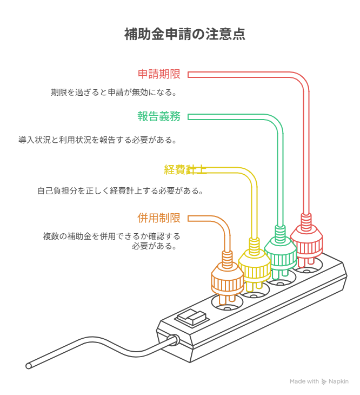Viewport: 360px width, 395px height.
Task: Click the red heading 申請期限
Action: (159, 75)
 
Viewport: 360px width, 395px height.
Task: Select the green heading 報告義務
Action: (159, 116)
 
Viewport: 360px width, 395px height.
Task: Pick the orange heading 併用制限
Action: (159, 218)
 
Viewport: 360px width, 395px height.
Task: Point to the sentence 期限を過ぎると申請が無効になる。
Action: (114, 92)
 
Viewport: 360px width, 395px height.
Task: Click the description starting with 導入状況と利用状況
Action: (97, 140)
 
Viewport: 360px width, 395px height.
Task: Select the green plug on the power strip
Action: (280, 251)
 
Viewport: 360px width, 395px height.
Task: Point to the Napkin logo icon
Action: (324, 381)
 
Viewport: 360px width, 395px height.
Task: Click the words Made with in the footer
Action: (304, 381)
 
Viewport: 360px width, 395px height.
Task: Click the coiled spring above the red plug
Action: (306, 220)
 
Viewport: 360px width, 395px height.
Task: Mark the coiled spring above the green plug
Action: (280, 232)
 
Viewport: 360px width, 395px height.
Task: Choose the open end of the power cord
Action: (29, 366)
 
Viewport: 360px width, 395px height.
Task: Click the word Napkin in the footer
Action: (338, 381)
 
